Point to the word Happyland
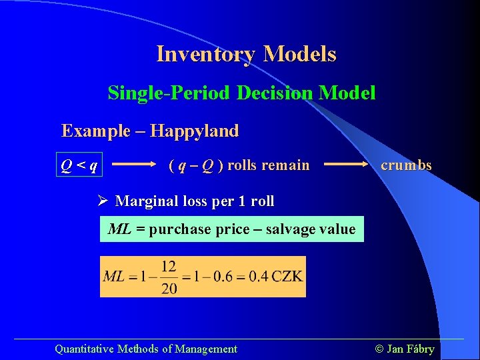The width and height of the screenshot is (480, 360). click(194, 131)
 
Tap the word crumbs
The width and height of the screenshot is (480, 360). click(406, 165)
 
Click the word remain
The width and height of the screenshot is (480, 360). click(288, 165)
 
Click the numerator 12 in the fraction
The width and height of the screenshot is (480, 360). click(169, 267)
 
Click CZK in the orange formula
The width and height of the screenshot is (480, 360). click(287, 277)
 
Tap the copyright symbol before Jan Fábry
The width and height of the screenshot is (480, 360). click(381, 349)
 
